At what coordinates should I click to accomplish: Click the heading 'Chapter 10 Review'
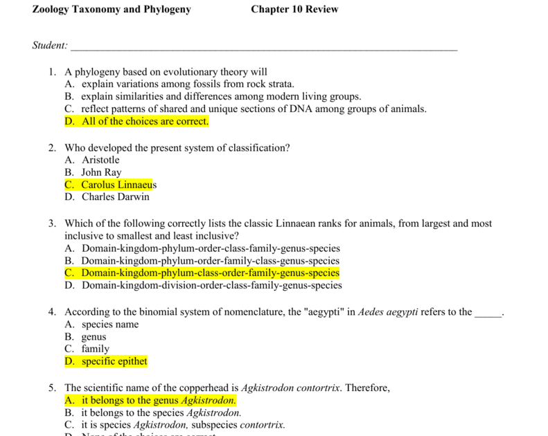coord(294,9)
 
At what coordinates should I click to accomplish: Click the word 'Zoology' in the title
coord(51,9)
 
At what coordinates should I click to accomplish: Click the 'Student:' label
coord(50,46)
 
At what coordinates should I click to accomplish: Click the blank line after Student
coord(263,47)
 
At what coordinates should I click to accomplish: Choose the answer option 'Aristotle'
coord(100,160)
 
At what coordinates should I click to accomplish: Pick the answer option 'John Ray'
coord(101,172)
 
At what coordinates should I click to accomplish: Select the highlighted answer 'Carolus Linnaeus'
coord(118,185)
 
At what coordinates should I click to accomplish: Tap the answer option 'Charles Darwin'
coord(115,197)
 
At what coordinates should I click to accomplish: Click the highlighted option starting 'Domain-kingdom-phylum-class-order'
coord(210,273)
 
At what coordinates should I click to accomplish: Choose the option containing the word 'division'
coord(211,285)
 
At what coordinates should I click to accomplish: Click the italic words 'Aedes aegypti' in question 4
coord(388,312)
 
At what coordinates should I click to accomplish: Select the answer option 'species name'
coord(110,325)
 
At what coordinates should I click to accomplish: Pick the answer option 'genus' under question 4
coord(94,337)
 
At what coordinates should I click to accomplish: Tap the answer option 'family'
coord(96,349)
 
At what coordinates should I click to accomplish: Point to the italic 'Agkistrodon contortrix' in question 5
coord(290,388)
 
